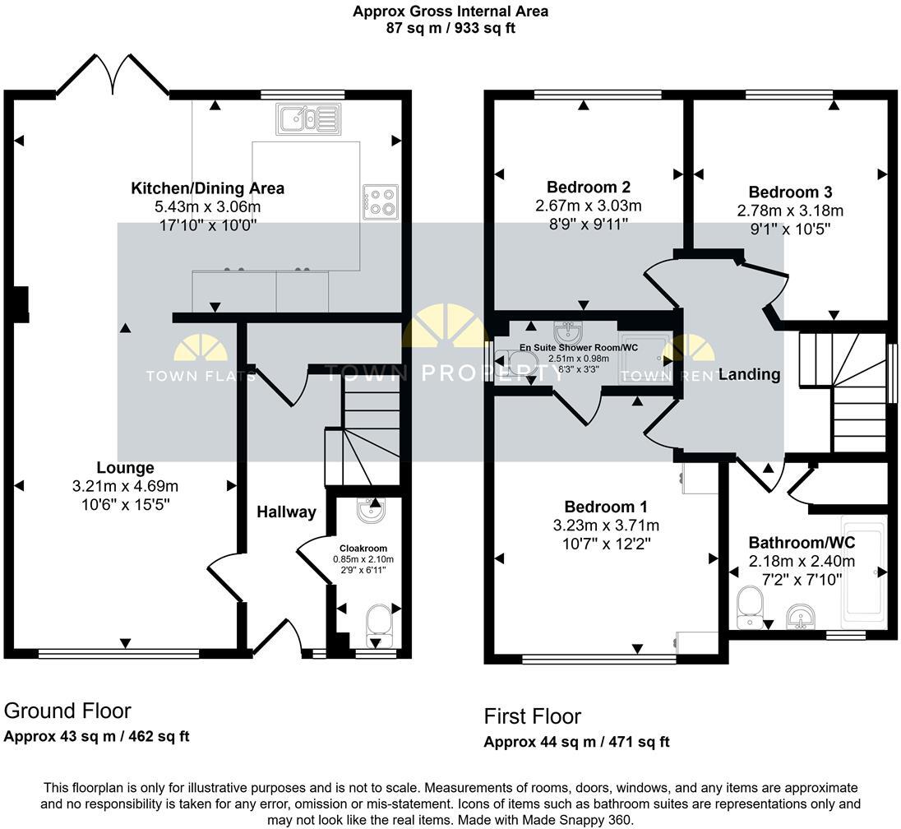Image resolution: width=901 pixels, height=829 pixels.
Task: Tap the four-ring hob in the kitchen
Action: tap(379, 201)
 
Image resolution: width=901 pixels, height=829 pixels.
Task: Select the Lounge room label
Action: tap(124, 468)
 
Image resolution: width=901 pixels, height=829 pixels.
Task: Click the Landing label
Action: tap(749, 374)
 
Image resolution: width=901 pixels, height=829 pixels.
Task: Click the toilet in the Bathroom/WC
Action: tap(751, 604)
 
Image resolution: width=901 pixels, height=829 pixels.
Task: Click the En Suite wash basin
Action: tap(568, 333)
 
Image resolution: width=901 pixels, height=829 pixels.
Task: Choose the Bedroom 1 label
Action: tap(606, 507)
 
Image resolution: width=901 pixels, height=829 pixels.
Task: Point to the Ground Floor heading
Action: tap(67, 711)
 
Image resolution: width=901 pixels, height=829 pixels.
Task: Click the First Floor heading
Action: tap(533, 716)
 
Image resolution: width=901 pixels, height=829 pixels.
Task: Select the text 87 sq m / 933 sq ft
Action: tap(450, 28)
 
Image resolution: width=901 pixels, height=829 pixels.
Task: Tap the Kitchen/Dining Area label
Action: tap(208, 188)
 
